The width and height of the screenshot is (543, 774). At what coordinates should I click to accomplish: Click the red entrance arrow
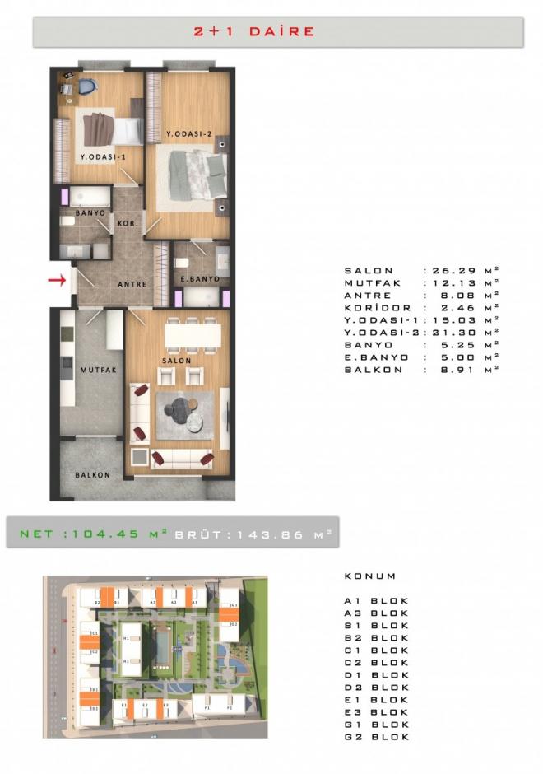pos(57,281)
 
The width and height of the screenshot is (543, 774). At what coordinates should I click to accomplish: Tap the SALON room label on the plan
pos(177,360)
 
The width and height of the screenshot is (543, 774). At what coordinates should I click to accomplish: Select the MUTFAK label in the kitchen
pos(99,371)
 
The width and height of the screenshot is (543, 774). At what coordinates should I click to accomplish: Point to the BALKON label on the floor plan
pos(92,475)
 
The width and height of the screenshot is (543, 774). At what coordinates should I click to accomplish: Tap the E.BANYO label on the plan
pos(199,279)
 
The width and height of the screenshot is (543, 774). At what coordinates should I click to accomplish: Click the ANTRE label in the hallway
pos(132,284)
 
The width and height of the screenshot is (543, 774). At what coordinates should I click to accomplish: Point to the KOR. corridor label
pos(128,223)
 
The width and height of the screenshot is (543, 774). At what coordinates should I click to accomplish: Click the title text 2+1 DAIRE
pos(254,31)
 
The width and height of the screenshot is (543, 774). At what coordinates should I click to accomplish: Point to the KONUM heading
pos(370,576)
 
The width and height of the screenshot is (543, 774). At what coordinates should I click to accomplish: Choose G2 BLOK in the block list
pos(376,736)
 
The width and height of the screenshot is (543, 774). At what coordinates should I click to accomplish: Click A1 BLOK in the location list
pos(376,600)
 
